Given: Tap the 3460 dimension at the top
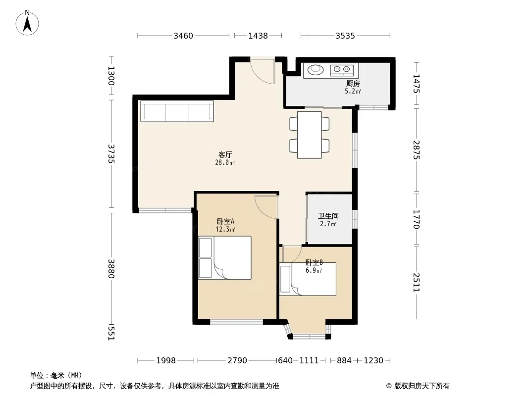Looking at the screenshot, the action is pos(183,36).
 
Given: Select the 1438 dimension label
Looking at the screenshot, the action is pos(258,36).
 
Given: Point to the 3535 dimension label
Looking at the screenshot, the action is pos(345,36).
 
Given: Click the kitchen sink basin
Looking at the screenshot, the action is pos(316,70).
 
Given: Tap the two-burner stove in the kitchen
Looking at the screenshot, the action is pos(341,70).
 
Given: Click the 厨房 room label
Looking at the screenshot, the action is pos(353,84).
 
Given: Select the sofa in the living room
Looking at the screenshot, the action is pos(177,111).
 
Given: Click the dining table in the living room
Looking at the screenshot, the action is pos(309,135).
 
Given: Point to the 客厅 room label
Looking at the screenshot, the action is pos(225,155).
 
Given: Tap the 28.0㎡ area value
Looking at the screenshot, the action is pos(225,163).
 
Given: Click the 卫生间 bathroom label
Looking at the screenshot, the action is pos(328,216).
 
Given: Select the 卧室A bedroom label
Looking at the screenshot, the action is pos(225,222).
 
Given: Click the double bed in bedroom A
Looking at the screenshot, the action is pos(225,258).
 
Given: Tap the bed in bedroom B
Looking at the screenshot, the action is pos(308,279).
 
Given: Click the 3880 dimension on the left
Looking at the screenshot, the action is pos(111,269).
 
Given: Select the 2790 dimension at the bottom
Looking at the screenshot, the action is pos(237,361).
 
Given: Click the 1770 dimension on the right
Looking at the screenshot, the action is pos(416,219).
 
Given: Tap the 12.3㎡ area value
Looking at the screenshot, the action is pos(225,230).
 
